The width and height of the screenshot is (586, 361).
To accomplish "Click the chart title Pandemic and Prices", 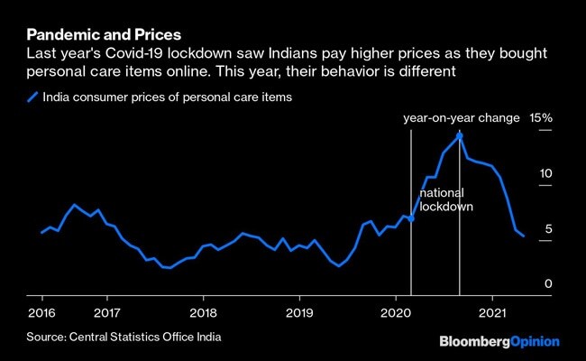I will (104, 34).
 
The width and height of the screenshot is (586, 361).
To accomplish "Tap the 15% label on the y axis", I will (541, 118).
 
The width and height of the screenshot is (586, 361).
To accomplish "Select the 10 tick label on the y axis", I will (545, 174).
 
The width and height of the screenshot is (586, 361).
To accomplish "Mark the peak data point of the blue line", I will (460, 135).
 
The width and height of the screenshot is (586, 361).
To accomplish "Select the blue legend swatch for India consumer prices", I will (33, 97).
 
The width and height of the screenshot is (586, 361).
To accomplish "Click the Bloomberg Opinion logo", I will (499, 342).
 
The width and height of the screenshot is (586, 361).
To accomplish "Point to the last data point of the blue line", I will (523, 236).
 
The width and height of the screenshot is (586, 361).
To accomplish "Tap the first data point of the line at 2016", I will (41, 233).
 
